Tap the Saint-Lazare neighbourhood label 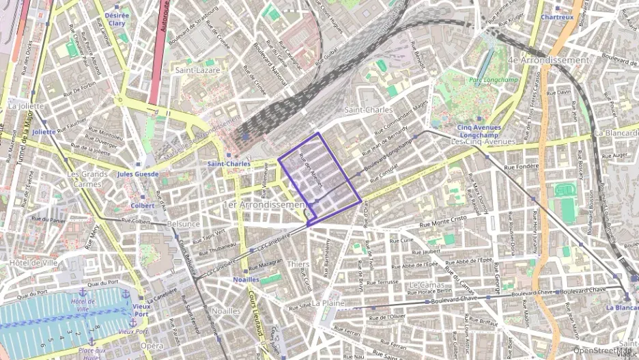196,70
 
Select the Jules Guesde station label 138,174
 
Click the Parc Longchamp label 489,80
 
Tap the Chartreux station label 557,17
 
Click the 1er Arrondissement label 267,204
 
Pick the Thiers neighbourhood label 298,264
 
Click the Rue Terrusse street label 386,281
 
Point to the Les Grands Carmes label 87,179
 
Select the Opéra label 152,346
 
